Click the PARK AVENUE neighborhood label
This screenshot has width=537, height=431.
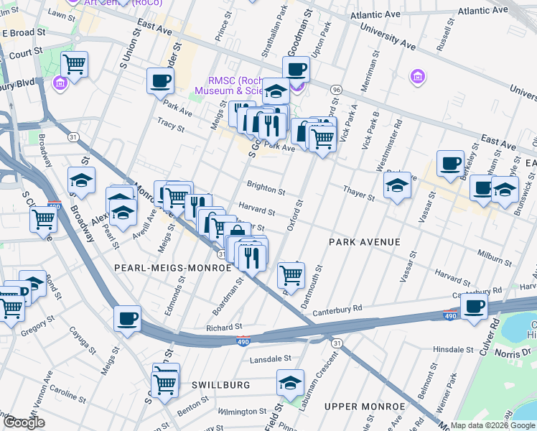tap(364, 242)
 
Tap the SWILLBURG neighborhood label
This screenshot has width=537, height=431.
tap(220, 385)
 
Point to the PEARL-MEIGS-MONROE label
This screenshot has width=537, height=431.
tap(172, 267)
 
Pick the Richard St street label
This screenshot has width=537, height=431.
tap(219, 328)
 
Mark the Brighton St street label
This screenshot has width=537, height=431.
tap(266, 188)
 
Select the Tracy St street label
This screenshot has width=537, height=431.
tap(171, 126)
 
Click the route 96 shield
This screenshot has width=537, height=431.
tap(335, 89)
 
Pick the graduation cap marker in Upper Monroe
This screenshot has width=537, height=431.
tap(291, 381)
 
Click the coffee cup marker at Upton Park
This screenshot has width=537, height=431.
tap(296, 69)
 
